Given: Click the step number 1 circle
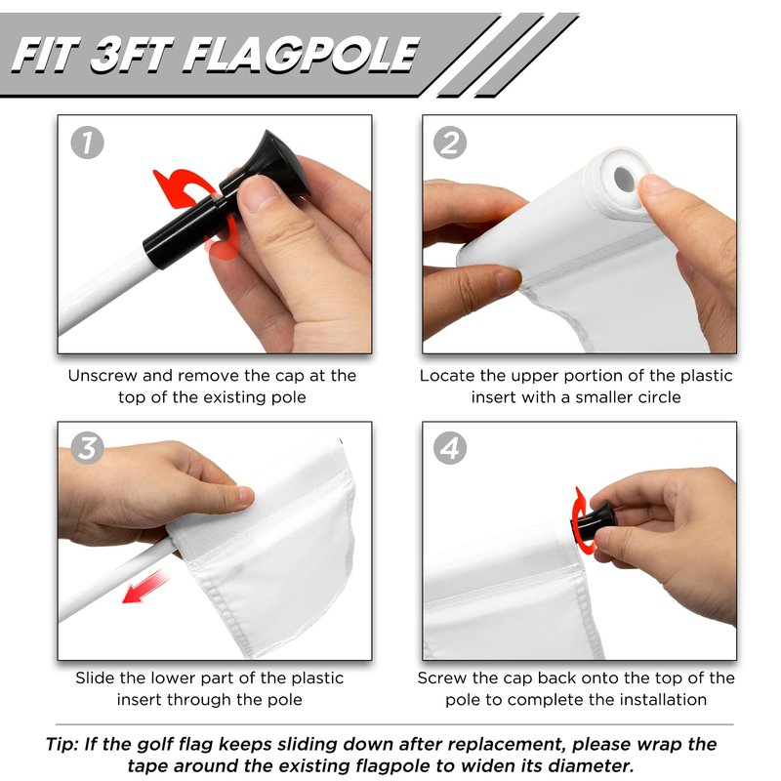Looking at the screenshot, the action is pyautogui.click(x=87, y=143).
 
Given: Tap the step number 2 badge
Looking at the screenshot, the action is pyautogui.click(x=450, y=143).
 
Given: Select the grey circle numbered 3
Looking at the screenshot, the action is pyautogui.click(x=87, y=448).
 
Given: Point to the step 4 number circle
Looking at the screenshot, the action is pyautogui.click(x=450, y=448).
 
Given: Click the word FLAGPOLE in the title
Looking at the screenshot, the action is pyautogui.click(x=302, y=55).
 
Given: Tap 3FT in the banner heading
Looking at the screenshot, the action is pyautogui.click(x=132, y=55).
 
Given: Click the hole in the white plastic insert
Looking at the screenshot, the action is pyautogui.click(x=624, y=180).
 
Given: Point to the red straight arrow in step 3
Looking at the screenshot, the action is pyautogui.click(x=145, y=588).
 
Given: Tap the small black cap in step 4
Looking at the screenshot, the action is pyautogui.click(x=595, y=522).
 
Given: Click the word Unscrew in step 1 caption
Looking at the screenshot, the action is pyautogui.click(x=103, y=376).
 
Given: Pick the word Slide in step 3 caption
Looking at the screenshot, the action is pyautogui.click(x=96, y=678).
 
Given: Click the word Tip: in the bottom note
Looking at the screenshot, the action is pyautogui.click(x=62, y=744).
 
